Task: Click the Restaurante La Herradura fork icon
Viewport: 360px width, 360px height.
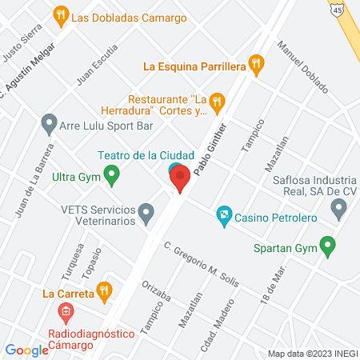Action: point(218,102)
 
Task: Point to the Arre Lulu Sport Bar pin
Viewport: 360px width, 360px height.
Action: point(50,125)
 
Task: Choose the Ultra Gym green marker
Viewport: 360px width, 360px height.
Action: point(112,173)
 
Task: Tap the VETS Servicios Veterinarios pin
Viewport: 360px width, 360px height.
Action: point(146,213)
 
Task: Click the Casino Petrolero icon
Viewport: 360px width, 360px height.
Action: point(225,215)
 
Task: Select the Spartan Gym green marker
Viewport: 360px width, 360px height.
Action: point(326,246)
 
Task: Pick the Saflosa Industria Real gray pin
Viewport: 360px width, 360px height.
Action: point(338,210)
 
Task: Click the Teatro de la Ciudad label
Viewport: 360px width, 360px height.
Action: point(135,154)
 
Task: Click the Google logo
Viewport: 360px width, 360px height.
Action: point(27,350)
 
